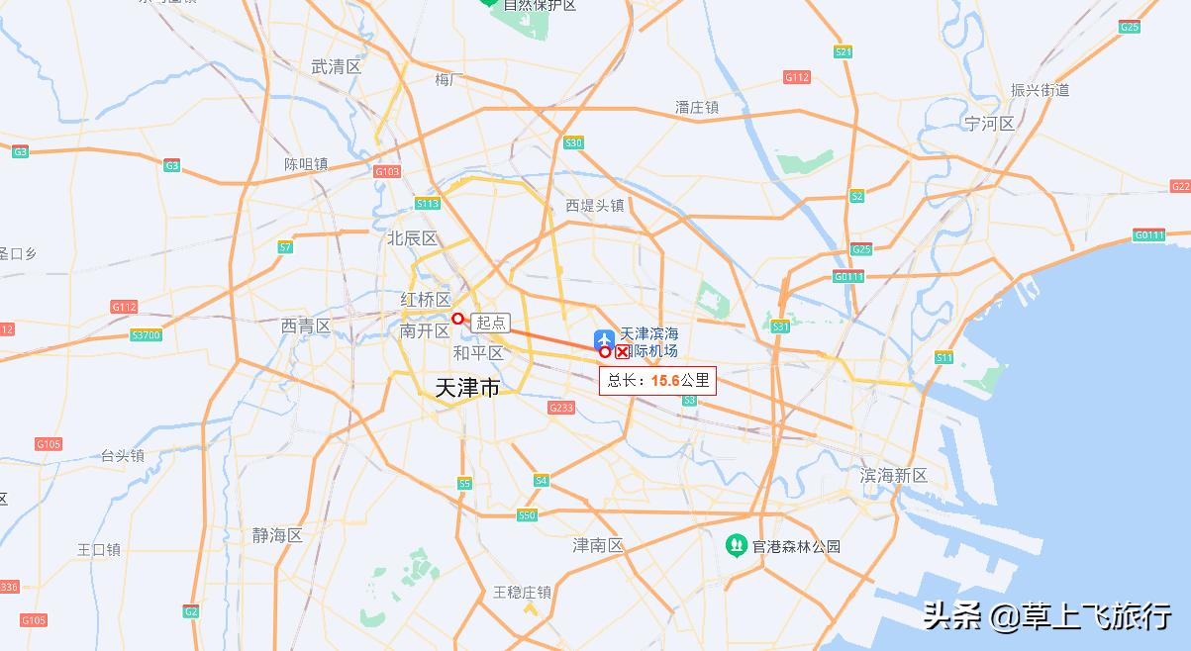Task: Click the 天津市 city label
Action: click(468, 388)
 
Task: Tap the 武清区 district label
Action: click(336, 67)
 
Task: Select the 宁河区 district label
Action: click(990, 124)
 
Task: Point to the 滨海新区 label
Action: click(893, 476)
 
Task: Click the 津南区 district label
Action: click(598, 545)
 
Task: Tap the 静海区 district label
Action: click(277, 535)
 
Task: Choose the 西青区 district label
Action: click(305, 325)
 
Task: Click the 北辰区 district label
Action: click(412, 238)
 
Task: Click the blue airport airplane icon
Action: click(604, 339)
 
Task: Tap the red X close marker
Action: click(622, 351)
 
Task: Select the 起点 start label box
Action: click(491, 322)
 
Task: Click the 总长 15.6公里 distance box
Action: click(657, 380)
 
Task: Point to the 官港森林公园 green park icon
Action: click(736, 545)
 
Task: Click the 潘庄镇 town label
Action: click(697, 107)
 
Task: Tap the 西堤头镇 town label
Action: click(595, 206)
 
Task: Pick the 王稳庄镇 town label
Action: click(522, 592)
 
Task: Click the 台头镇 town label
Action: click(123, 455)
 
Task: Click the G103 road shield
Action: click(387, 171)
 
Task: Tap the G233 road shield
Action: click(561, 408)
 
